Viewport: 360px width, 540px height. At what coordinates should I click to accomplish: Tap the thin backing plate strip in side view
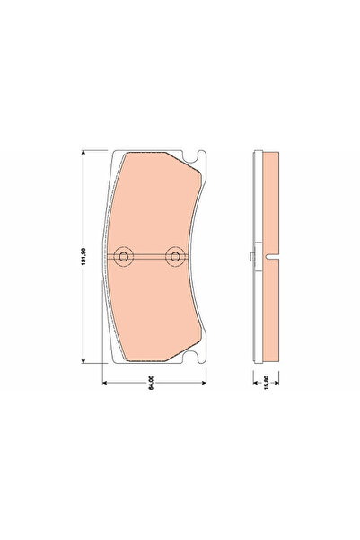coord(256,207)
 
